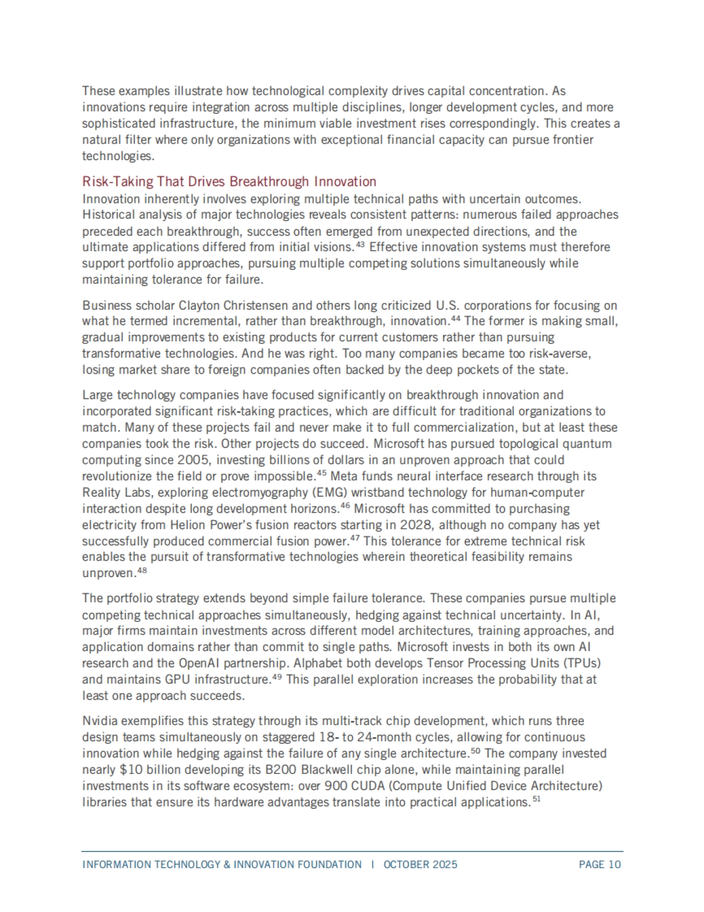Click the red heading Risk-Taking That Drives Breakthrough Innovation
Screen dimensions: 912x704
tap(229, 181)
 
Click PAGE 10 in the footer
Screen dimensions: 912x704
tap(600, 864)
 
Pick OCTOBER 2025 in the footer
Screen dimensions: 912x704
tap(421, 864)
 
